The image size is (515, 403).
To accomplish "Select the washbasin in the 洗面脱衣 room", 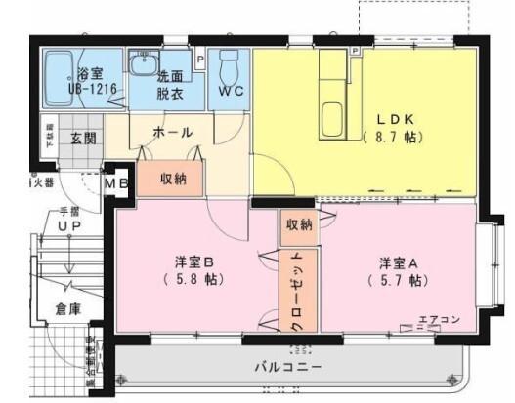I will coord(149,61).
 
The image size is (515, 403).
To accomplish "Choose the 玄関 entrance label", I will coord(83,139).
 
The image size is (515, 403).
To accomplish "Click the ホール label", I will coord(172,132).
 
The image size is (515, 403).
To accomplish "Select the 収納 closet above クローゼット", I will coord(299,224).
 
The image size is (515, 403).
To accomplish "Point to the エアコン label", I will coord(438,318).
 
